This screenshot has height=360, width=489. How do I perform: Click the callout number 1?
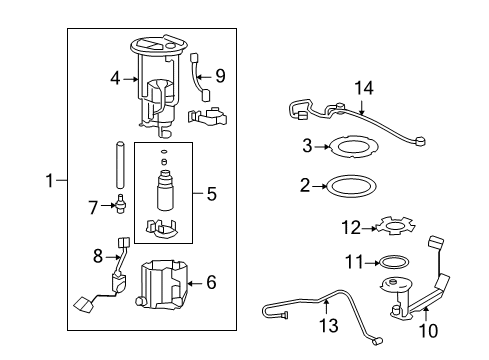click(50, 181)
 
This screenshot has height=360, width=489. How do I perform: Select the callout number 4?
click(116, 76)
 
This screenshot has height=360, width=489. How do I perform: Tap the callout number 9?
click(219, 76)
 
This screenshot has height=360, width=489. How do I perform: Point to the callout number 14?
click(367, 89)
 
